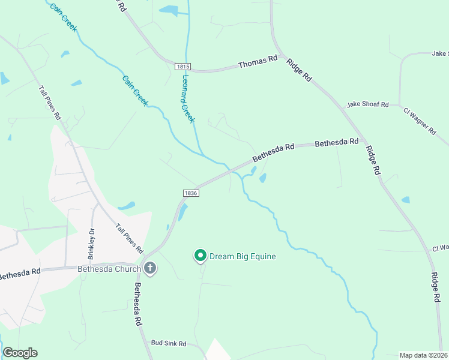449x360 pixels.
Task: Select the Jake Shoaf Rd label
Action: pyautogui.click(x=367, y=105)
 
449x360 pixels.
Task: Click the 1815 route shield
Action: pyautogui.click(x=183, y=67)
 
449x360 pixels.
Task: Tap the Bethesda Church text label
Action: pyautogui.click(x=109, y=269)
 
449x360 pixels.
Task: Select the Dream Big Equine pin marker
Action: pyautogui.click(x=200, y=256)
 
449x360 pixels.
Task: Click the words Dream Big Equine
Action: pyautogui.click(x=243, y=257)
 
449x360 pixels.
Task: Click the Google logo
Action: pyautogui.click(x=20, y=353)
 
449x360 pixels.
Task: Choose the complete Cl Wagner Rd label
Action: pyautogui.click(x=420, y=122)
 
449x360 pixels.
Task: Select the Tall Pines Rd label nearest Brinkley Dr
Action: pyautogui.click(x=130, y=238)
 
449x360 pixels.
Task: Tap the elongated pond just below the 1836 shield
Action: pyautogui.click(x=183, y=211)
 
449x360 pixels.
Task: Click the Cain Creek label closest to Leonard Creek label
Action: pyautogui.click(x=135, y=91)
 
